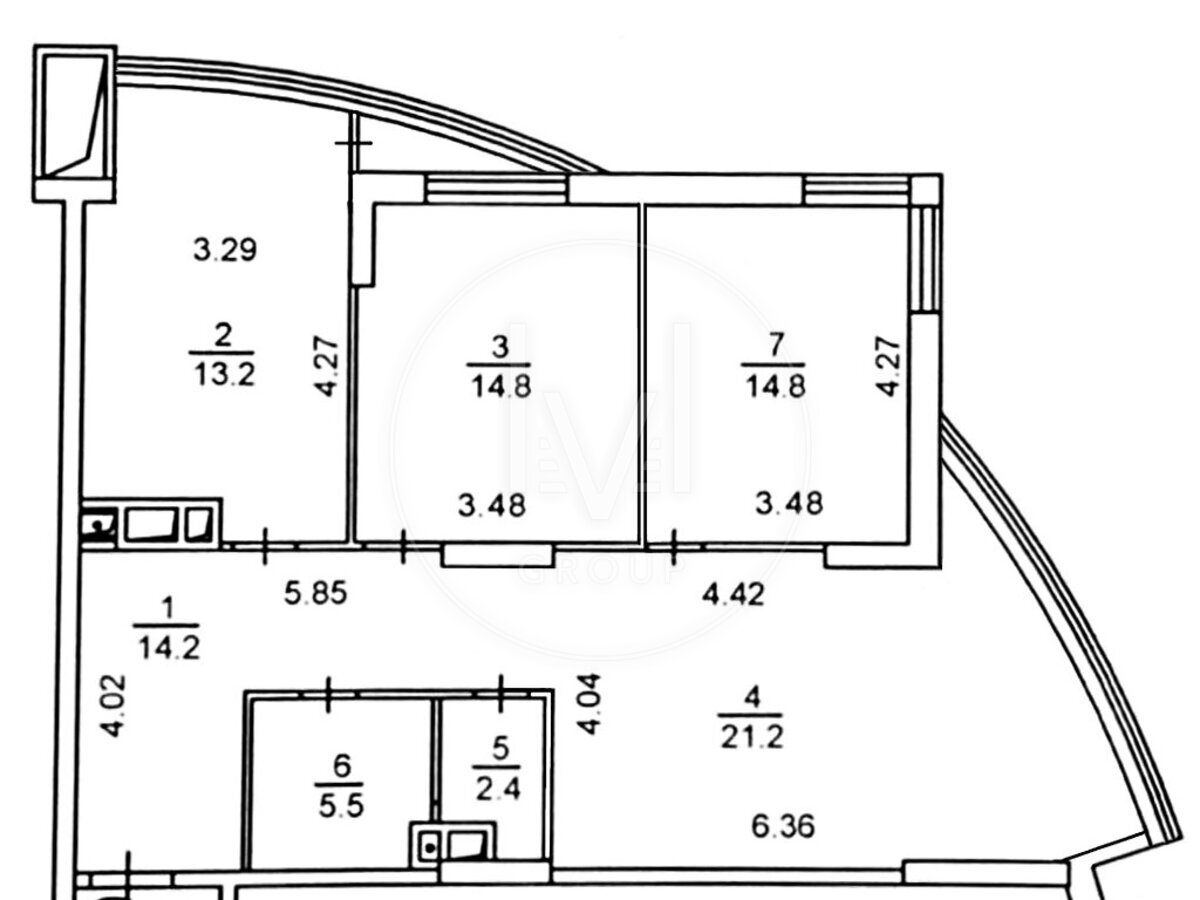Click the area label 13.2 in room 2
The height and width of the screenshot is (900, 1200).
coord(225,375)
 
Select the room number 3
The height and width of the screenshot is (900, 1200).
coord(500,348)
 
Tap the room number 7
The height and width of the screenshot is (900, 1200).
coord(775,345)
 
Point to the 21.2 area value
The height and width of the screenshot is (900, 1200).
coord(752,737)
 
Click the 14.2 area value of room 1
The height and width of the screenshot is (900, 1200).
coord(169,648)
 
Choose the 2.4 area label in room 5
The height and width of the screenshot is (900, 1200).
coord(497,790)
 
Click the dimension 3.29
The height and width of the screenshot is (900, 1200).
coord(225,250)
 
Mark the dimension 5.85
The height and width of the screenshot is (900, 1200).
coord(315,593)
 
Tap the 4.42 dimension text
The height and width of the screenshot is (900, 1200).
coord(733,593)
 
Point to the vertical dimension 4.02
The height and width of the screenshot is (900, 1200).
coord(114,707)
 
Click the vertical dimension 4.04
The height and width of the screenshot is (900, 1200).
coord(590,704)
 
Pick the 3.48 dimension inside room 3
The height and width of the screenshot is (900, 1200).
coord(491,505)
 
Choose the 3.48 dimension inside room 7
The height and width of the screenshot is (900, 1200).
coord(788,503)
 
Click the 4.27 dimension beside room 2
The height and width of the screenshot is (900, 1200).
coord(328,366)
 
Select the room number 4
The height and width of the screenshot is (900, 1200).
coord(752,698)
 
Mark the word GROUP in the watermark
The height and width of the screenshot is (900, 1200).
coord(600,572)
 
